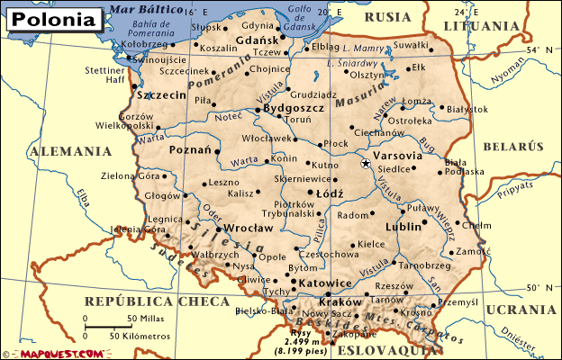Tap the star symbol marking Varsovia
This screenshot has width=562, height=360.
tap(365, 164)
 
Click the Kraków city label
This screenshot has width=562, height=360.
tap(340, 303)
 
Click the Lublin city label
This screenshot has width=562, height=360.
tap(403, 227)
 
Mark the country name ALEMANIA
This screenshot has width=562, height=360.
tap(62, 152)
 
